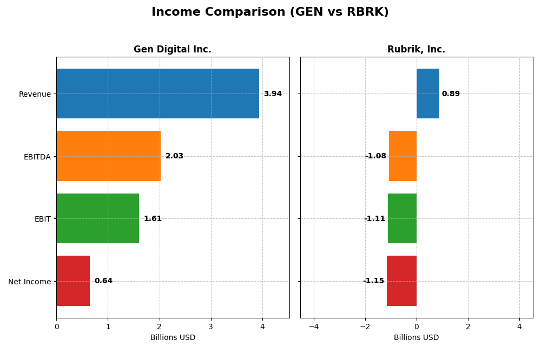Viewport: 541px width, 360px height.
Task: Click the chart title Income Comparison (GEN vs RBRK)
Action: coord(270,12)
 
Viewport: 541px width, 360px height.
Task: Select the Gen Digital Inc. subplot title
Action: coord(173,50)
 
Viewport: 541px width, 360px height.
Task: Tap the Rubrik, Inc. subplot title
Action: coord(416,50)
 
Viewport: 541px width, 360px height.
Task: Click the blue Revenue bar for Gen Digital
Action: coord(157,94)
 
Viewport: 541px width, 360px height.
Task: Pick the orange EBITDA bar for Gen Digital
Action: coord(108,156)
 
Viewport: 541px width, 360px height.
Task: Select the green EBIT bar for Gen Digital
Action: coord(97,218)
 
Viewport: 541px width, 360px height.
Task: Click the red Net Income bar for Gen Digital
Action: coord(73,281)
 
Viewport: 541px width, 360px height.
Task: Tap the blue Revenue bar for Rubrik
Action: coord(428,94)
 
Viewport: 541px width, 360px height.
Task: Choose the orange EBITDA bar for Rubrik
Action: coord(403,156)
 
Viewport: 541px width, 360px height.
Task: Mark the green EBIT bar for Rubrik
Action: coord(402,218)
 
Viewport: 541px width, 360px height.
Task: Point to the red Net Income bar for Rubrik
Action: coord(401,281)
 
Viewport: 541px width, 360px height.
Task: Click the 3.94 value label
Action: coord(273,94)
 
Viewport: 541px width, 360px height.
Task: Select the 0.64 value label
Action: coord(103,281)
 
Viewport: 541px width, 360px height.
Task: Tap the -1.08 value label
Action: coord(375,156)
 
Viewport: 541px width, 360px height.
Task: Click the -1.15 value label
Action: coord(373,281)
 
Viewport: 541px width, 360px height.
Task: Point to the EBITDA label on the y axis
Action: coord(37,157)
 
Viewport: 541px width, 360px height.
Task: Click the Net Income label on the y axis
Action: coord(29,282)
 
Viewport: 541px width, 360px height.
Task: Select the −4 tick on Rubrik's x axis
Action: coord(313,326)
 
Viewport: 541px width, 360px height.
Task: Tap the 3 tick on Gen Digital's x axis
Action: coord(211,326)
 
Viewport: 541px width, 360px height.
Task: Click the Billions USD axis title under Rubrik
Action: coord(416,338)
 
